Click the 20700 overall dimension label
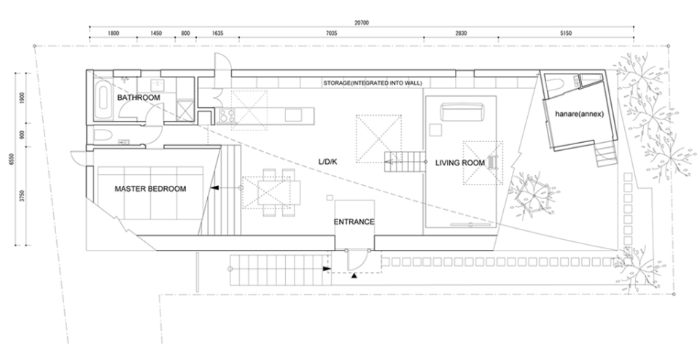tap(362, 23)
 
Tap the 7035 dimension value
tap(331, 34)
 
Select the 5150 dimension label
tap(566, 34)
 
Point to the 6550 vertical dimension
tap(12, 159)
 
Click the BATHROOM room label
tap(139, 97)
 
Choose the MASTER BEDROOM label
tap(150, 189)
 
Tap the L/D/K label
tap(327, 162)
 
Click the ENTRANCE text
tap(354, 222)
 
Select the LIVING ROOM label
tap(460, 163)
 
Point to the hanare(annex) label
tap(580, 114)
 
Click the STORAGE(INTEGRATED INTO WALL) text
tap(373, 83)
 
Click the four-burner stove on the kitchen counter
tap(227, 116)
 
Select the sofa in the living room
tap(462, 111)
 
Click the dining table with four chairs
tap(271, 192)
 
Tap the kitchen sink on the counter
tap(293, 115)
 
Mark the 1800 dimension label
tap(114, 34)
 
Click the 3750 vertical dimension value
tap(23, 195)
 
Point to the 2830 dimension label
tap(461, 34)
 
